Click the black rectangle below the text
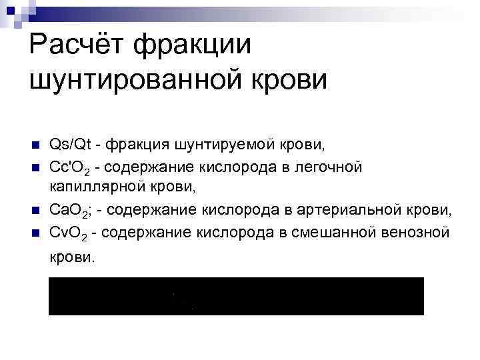pos(236,295)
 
